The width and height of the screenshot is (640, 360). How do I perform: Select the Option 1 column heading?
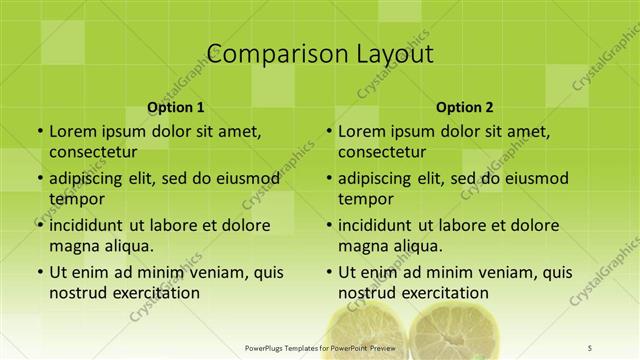coord(176,107)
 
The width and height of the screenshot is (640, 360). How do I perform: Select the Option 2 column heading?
coord(465,107)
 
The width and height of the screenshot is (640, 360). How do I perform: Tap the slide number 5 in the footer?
coord(590,347)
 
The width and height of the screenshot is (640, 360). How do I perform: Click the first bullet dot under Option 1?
coord(39,132)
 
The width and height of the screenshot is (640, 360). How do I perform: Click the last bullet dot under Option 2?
coord(328,272)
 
